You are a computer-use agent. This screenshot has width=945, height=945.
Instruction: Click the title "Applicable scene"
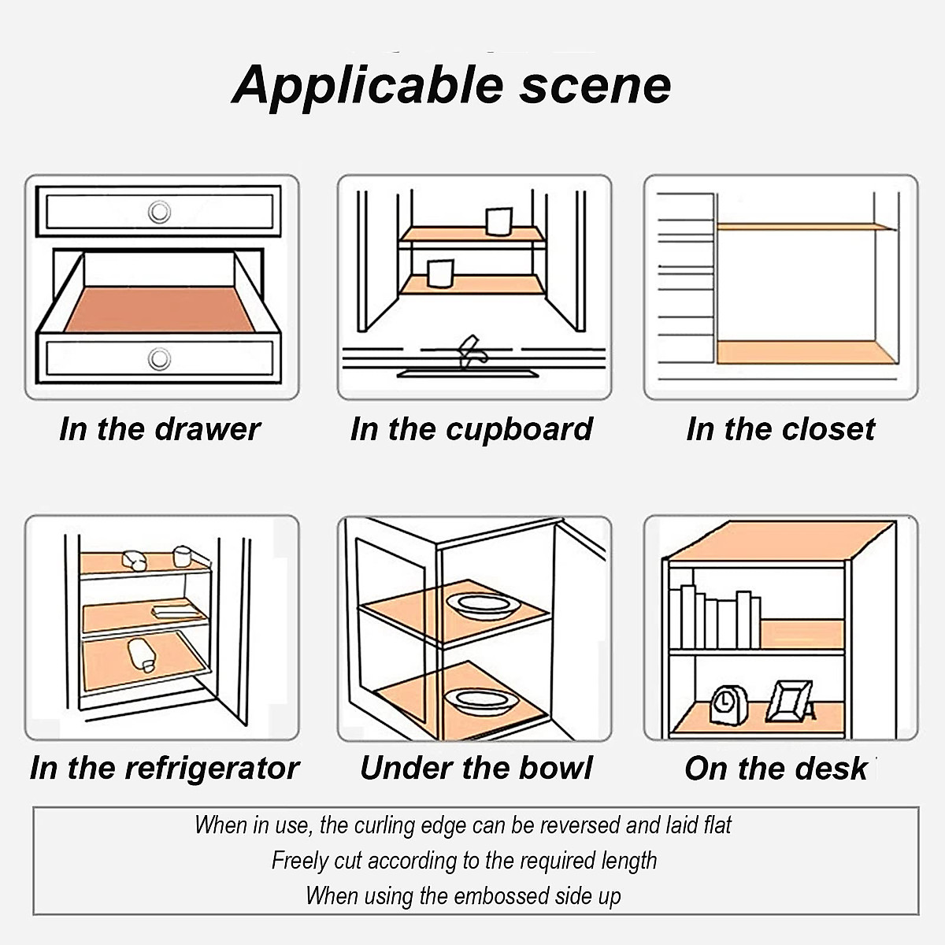[452, 85]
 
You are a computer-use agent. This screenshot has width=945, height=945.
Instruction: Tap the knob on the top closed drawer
[160, 212]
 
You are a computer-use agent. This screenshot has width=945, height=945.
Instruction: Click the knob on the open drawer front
[160, 359]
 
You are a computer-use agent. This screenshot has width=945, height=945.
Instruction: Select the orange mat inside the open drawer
[157, 309]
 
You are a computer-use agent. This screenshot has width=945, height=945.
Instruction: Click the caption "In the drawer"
[160, 429]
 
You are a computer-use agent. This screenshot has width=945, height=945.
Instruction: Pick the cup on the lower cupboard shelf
[439, 273]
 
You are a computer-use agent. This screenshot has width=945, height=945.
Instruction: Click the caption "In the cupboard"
[471, 429]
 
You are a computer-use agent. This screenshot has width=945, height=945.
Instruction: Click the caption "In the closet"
[780, 429]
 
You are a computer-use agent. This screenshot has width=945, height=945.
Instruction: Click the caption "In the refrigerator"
[165, 768]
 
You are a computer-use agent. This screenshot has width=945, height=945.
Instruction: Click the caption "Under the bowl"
[476, 768]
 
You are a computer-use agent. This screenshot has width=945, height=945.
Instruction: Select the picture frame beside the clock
[790, 701]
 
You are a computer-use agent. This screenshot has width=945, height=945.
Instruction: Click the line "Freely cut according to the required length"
[465, 860]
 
